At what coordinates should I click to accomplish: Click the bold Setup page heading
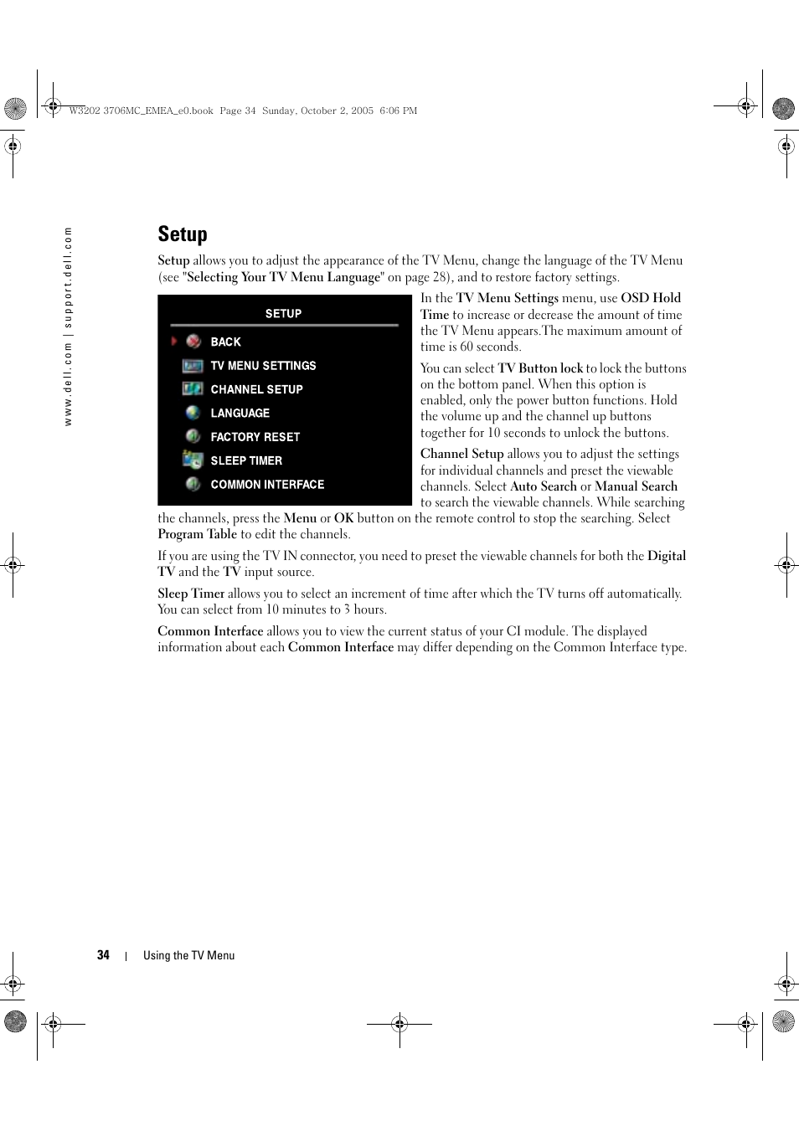point(183,234)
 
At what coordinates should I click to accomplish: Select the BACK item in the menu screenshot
point(225,342)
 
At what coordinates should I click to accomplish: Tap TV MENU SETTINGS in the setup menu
point(263,366)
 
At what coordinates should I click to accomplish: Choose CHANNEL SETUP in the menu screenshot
point(256,389)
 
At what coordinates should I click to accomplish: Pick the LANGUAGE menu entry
point(240,413)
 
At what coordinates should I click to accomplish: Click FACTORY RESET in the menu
point(255,437)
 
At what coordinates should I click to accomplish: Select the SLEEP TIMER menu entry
point(246,460)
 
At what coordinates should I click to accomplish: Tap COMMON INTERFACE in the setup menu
point(267,484)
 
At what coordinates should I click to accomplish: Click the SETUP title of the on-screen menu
point(283,313)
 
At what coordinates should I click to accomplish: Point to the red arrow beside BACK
point(174,342)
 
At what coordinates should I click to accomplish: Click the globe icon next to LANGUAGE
point(193,413)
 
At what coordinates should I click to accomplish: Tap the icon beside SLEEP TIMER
point(193,460)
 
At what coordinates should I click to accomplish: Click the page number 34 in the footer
point(103,955)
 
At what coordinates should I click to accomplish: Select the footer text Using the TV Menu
point(188,955)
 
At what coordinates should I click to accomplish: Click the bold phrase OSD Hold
point(651,298)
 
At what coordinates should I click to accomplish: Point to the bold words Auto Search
point(544,486)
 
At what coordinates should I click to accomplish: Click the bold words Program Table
point(198,534)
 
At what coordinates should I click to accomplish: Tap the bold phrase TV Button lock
point(540,368)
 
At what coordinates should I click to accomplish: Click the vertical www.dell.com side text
point(69,326)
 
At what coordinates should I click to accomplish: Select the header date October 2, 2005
point(338,111)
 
